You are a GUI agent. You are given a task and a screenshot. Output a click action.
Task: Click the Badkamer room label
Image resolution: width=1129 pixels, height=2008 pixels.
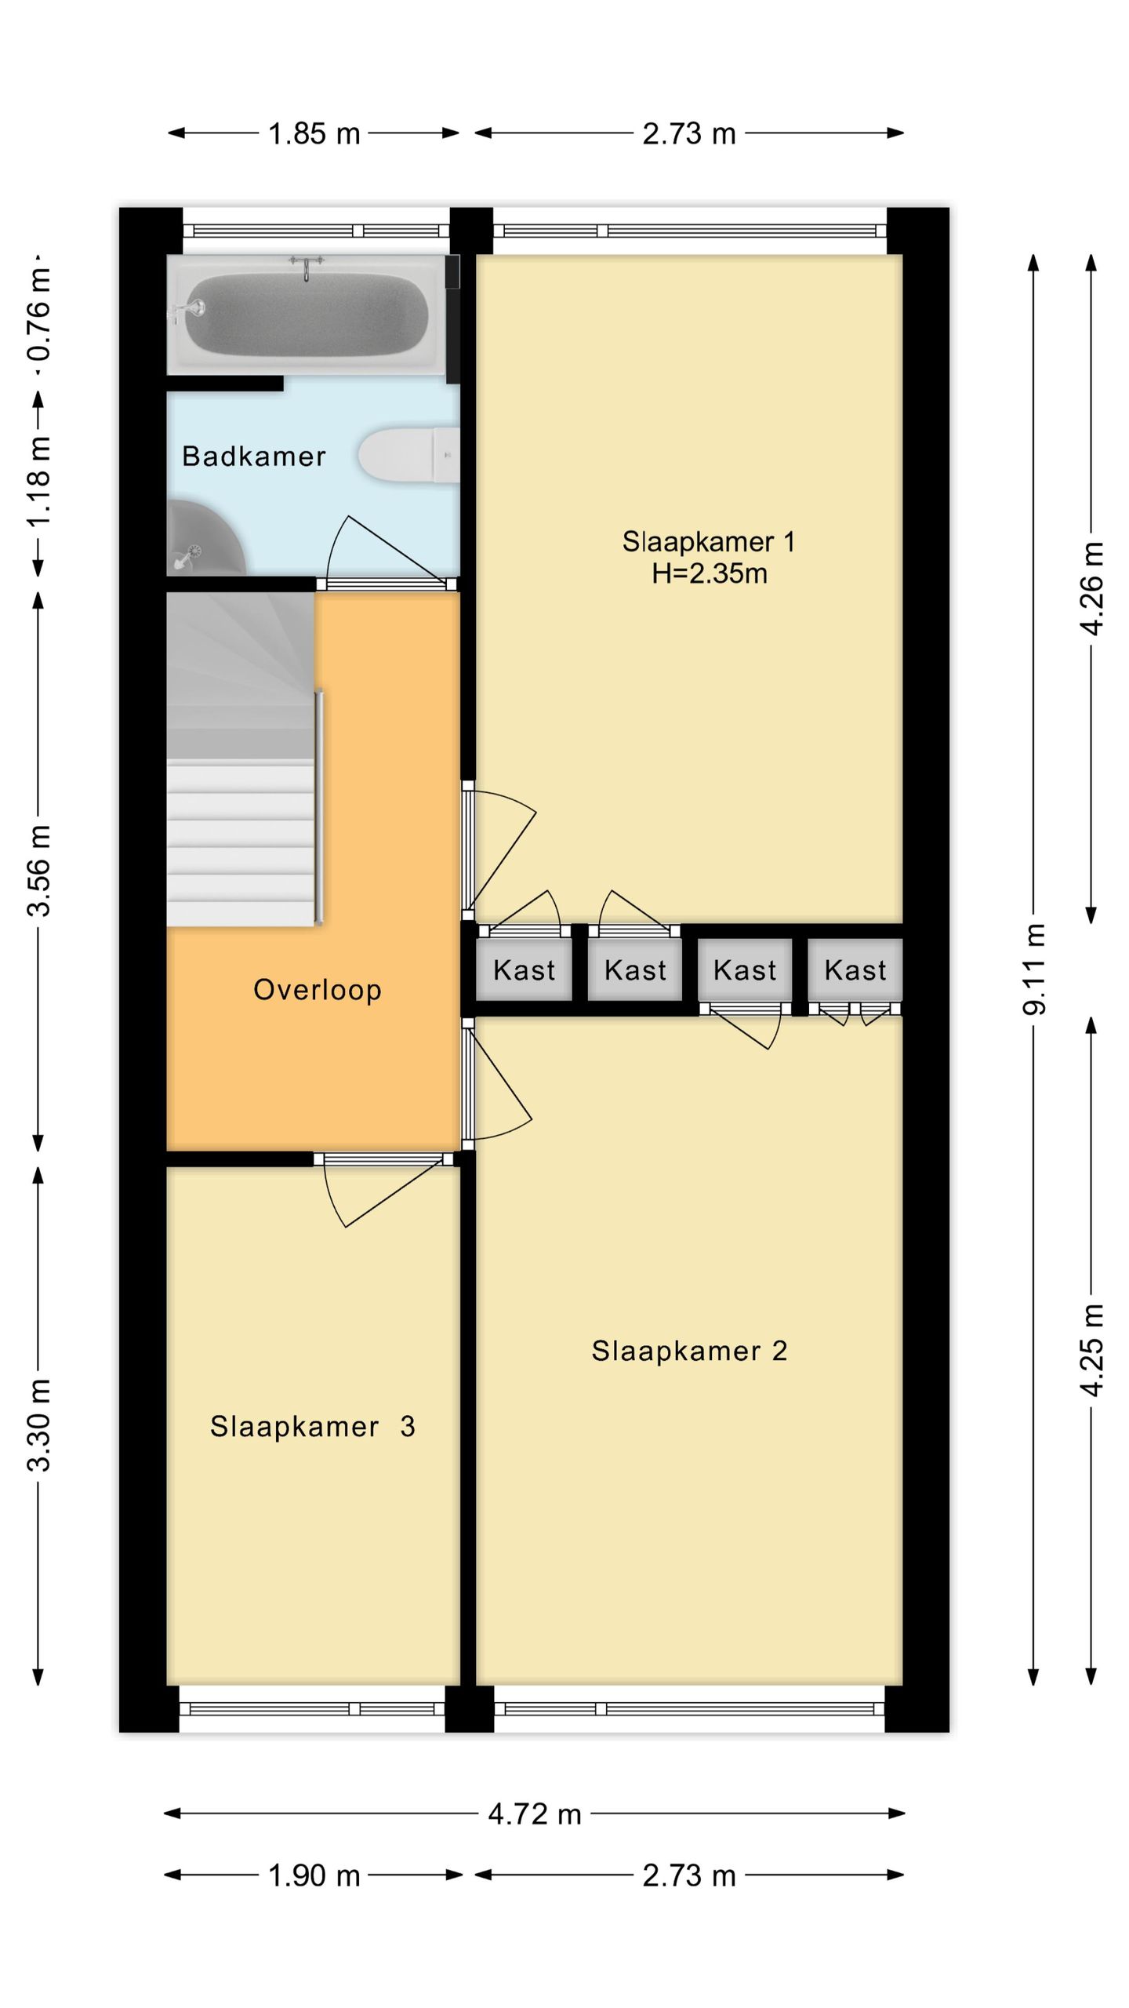[x=253, y=457]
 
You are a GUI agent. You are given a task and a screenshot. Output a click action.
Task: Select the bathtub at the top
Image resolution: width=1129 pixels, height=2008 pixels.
[x=306, y=313]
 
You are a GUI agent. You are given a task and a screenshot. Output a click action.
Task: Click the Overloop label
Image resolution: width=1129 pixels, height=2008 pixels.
[x=318, y=990]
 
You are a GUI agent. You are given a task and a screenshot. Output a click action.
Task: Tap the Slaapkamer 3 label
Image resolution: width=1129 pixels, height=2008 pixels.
[x=312, y=1427]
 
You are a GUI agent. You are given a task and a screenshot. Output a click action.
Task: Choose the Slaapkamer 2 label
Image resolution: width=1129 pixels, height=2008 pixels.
[x=689, y=1351]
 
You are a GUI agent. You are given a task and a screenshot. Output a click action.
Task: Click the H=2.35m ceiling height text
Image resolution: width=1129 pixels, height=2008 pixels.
[x=709, y=574]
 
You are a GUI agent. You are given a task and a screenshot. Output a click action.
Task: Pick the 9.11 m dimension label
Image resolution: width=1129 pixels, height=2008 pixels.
[x=1034, y=969]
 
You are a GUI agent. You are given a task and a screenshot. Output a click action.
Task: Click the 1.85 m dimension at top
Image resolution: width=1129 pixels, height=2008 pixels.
[x=314, y=134]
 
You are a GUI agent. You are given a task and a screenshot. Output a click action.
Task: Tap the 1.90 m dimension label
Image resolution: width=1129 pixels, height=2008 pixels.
[x=314, y=1876]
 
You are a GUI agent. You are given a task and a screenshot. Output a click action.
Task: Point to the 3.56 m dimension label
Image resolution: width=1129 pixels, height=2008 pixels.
[x=39, y=870]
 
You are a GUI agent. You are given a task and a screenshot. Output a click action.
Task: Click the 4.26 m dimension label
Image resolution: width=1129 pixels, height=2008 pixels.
[x=1091, y=588]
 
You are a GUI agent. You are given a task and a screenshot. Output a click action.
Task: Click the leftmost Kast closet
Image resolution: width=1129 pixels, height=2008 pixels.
[x=524, y=971]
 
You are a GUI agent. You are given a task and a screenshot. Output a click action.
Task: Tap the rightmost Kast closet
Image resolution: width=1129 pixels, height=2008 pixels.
[x=855, y=971]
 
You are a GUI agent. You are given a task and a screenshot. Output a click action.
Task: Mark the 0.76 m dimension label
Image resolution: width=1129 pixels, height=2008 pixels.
[x=39, y=314]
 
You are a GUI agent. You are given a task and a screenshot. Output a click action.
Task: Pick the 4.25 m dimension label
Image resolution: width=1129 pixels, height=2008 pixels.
[x=1091, y=1349]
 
